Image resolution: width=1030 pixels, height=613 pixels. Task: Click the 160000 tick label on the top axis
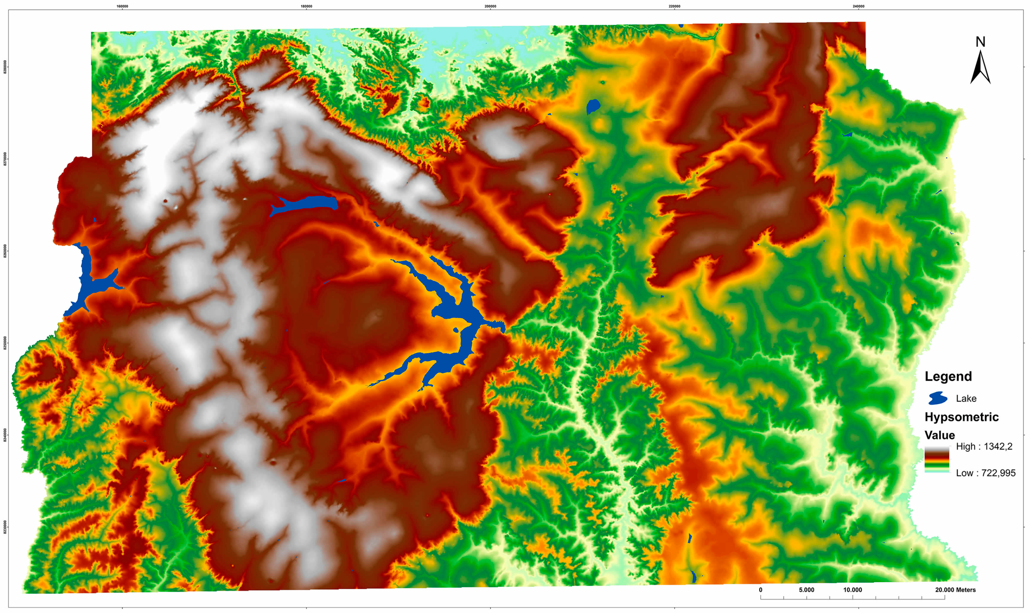tap(122, 7)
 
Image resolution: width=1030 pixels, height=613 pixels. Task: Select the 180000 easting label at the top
tap(306, 7)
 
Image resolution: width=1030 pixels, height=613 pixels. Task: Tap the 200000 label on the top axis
tap(490, 7)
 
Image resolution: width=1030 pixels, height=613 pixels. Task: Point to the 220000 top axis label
tap(674, 7)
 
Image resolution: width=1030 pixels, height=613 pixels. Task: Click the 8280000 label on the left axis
tap(5, 67)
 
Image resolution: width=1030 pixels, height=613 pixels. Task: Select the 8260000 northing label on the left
tap(5, 251)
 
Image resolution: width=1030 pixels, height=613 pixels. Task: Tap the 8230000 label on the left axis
tap(5, 527)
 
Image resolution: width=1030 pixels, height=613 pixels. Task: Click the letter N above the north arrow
tap(980, 42)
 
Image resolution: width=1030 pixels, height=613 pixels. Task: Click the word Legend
tap(948, 376)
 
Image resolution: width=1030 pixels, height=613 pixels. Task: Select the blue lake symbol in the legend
tap(937, 398)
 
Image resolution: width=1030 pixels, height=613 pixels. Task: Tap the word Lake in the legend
tap(966, 399)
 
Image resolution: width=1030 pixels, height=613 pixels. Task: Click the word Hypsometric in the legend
tap(961, 417)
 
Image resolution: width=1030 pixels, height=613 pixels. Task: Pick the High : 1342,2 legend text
tap(984, 446)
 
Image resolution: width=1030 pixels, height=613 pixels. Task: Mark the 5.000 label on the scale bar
tap(806, 590)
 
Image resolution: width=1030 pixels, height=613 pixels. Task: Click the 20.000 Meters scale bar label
tap(955, 590)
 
